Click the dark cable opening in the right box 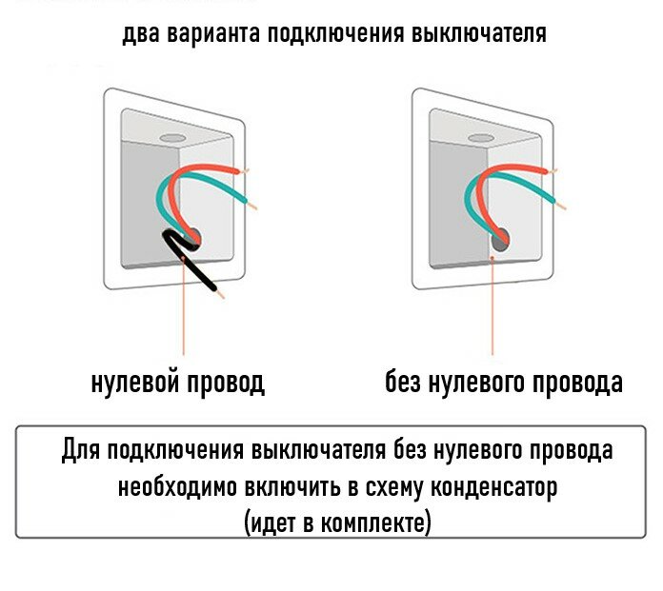point(499,240)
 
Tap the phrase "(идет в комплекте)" point(337,522)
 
